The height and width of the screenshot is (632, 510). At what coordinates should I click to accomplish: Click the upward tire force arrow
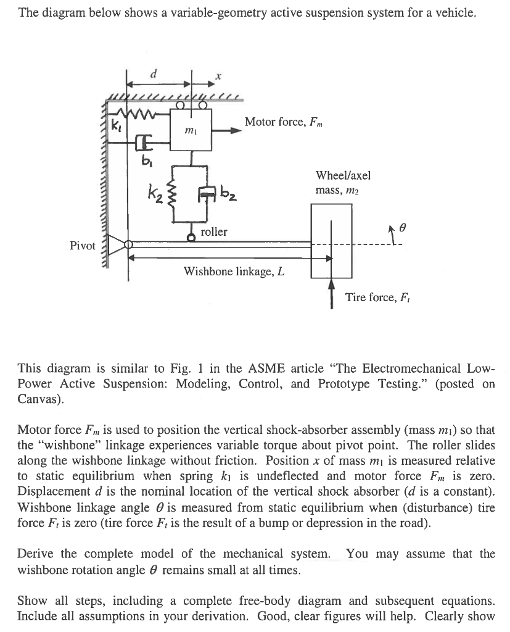coord(332,293)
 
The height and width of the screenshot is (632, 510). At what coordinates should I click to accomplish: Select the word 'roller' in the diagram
coord(214,232)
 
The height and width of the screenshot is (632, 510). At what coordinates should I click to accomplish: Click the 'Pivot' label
coord(83,246)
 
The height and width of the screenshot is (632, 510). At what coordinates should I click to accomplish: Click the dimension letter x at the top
coord(217,76)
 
